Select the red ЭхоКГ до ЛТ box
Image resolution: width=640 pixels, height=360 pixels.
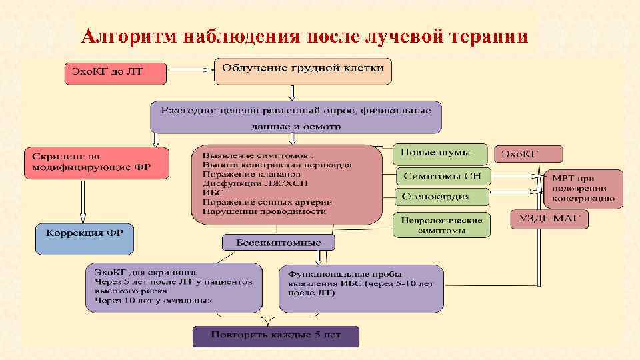[115, 72]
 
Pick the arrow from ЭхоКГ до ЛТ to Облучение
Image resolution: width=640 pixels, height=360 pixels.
[190, 69]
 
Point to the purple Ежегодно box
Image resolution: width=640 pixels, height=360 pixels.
[295, 116]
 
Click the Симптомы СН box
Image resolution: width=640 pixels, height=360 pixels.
[443, 176]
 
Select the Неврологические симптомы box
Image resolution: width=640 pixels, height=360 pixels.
[441, 224]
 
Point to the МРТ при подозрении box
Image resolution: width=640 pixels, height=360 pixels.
[583, 189]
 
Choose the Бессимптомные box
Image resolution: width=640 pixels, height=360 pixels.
[279, 243]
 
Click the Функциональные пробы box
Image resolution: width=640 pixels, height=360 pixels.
[361, 288]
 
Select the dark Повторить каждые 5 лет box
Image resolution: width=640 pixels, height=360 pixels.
[276, 336]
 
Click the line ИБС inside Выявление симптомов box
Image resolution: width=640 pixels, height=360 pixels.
[209, 193]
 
